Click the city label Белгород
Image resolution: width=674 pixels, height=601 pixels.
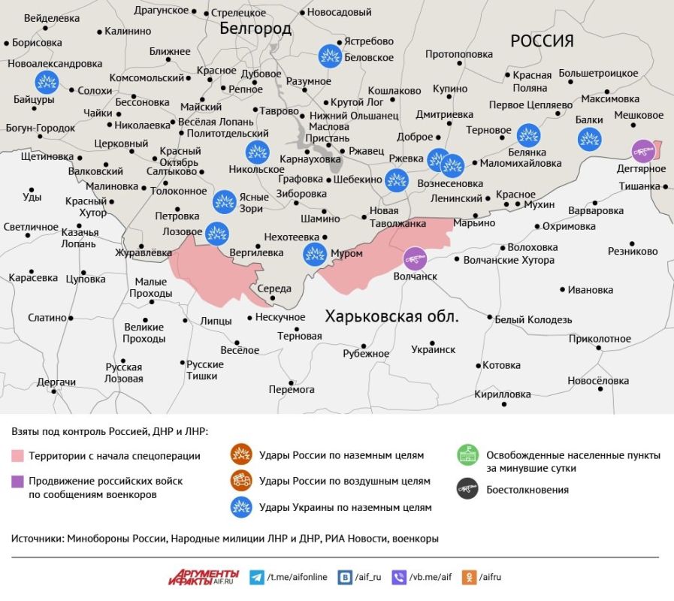point(255,29)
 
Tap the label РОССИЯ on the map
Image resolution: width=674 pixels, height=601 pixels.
point(542,41)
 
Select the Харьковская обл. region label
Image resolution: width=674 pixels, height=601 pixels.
point(391,316)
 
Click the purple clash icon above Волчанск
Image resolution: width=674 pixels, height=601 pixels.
point(415,259)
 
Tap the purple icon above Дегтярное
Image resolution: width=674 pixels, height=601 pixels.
point(642,151)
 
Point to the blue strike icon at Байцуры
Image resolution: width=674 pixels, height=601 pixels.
point(47,81)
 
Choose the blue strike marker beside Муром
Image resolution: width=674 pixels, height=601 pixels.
point(314,254)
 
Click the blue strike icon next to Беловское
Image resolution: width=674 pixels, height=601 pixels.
point(329,56)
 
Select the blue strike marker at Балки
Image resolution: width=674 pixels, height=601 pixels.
point(589,139)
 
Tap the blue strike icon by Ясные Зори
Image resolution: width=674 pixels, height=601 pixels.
point(224,201)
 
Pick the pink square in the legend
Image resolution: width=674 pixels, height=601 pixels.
point(17,456)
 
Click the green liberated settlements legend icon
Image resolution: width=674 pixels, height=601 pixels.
point(468,455)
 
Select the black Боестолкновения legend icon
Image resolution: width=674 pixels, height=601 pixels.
point(468,489)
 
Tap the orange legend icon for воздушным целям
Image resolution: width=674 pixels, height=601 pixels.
point(241,480)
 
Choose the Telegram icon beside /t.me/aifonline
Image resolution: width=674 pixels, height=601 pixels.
point(257,577)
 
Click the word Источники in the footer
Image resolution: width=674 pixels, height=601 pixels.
point(37,538)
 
